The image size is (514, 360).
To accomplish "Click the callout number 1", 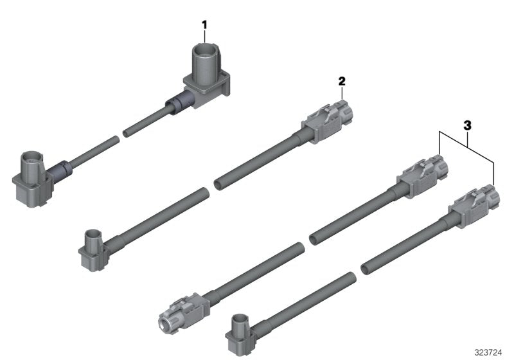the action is (204, 25).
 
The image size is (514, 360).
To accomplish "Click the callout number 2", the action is (342, 81).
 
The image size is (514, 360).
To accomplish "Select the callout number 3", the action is (468, 125).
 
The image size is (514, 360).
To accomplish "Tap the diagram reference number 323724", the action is (488, 352).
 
